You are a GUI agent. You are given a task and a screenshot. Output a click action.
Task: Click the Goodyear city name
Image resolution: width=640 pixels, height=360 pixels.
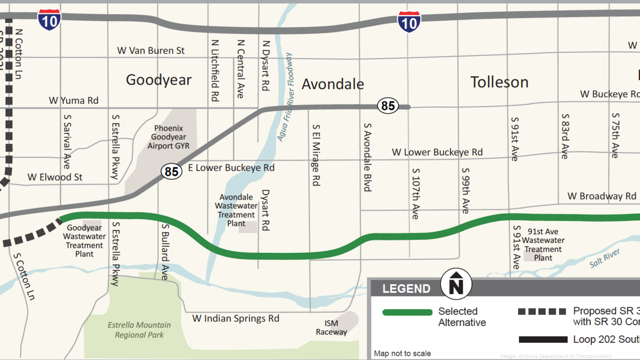click(158, 80)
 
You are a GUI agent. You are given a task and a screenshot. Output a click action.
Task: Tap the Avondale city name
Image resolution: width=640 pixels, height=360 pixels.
click(333, 84)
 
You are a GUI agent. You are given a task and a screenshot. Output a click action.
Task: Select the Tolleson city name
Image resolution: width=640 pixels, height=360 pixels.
click(499, 82)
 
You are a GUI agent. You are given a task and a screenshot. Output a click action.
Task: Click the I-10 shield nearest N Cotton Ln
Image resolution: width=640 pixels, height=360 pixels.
click(49, 19)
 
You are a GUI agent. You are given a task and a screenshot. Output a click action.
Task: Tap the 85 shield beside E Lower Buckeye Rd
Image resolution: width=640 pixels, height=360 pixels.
click(171, 171)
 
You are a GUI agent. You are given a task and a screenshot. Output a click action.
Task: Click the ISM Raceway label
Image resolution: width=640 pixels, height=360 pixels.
click(331, 327)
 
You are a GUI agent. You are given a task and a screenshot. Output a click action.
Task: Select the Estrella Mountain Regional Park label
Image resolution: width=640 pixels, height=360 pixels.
click(139, 330)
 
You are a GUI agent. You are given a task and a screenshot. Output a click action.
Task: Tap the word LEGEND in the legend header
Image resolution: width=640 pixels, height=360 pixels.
click(406, 289)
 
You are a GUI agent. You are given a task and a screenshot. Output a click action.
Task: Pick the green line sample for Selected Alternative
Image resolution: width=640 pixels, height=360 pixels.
click(407, 312)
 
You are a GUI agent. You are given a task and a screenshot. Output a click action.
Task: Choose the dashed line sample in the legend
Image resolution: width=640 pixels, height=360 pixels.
click(542, 311)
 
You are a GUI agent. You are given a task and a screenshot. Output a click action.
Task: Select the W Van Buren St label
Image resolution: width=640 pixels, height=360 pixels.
click(151, 51)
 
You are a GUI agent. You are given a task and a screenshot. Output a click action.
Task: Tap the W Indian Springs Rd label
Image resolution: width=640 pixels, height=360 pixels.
click(236, 318)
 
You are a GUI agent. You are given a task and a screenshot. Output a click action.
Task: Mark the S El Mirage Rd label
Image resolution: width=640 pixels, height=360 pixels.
click(316, 155)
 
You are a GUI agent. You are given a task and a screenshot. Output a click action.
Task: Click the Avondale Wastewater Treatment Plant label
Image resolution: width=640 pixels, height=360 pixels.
click(236, 210)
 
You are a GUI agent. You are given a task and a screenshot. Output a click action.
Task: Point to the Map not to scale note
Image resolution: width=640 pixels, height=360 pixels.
click(402, 353)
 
